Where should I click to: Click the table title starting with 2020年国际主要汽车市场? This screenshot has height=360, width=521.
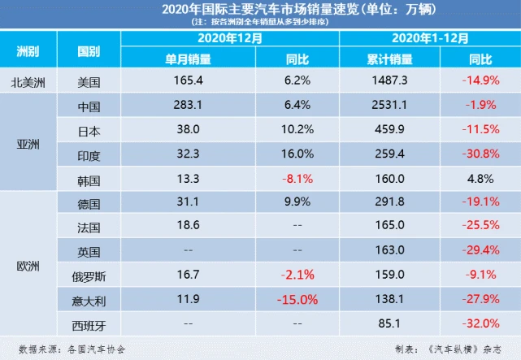(x=260, y=10)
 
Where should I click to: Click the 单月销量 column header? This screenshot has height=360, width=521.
(x=189, y=59)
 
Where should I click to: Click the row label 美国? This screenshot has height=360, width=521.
(x=89, y=82)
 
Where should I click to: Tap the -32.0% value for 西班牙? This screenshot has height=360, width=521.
(x=475, y=323)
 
